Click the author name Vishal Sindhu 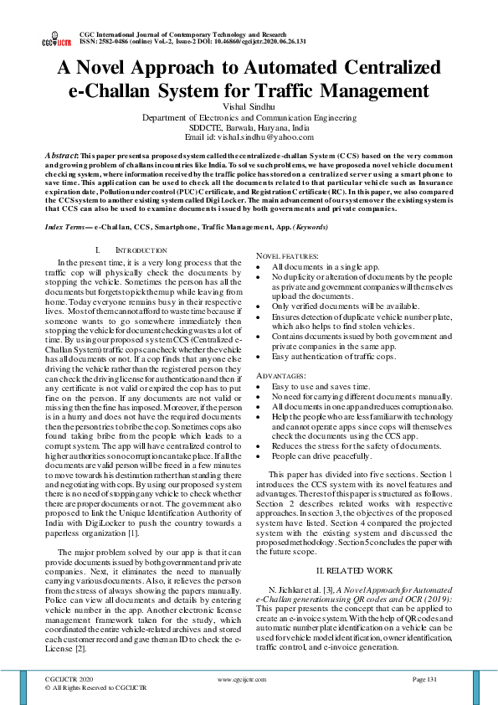[x=249, y=106]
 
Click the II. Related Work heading [x=354, y=569]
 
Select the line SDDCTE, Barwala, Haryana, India [x=249, y=126]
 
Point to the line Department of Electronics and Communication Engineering [x=249, y=117]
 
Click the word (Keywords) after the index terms [x=311, y=203]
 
